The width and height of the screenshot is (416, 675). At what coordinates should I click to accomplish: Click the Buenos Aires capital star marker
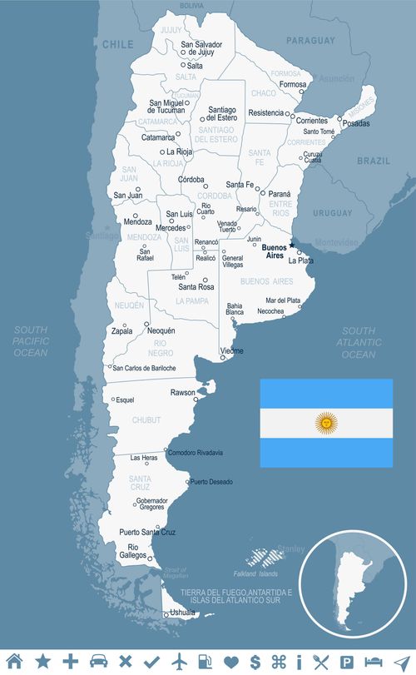[292, 245]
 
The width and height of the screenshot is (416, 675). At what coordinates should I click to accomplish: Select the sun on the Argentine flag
[325, 423]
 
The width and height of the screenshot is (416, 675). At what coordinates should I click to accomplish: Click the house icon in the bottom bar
[14, 661]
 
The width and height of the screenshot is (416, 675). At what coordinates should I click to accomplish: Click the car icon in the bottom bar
[98, 661]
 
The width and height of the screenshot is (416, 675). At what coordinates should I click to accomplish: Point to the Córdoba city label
[191, 179]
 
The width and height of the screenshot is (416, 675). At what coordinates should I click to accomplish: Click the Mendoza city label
[137, 222]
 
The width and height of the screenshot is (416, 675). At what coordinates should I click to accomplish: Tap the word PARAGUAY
[310, 40]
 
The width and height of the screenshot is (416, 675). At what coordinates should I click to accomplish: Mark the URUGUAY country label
[333, 213]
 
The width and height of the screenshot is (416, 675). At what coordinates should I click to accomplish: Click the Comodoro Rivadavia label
[196, 453]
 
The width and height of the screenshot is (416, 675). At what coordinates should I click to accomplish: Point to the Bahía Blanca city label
[235, 309]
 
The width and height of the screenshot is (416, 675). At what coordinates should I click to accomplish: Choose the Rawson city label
[182, 392]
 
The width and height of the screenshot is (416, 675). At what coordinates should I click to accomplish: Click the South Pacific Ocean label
[31, 341]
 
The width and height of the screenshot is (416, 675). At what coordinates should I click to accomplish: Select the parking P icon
[347, 661]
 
